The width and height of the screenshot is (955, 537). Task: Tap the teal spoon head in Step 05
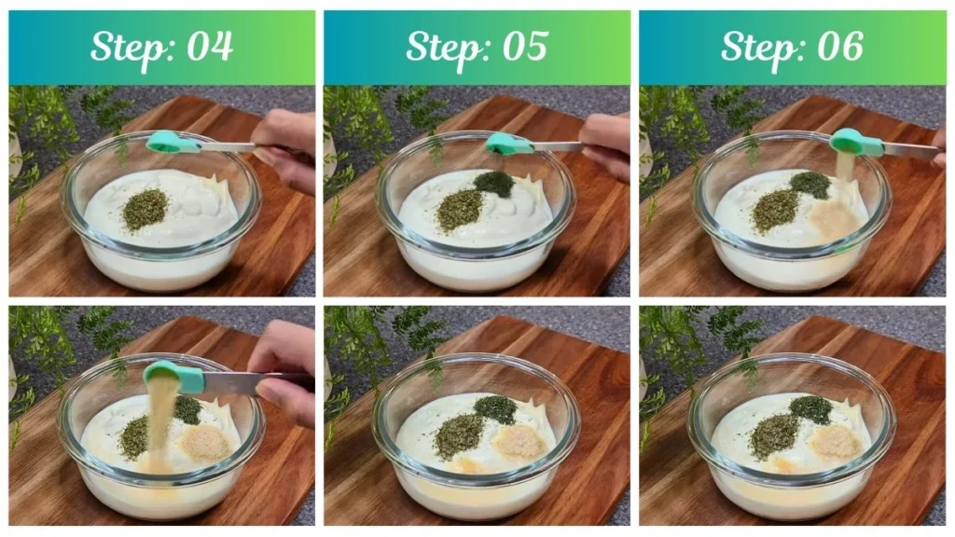click(504, 143)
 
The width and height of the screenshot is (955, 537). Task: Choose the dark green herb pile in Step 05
click(494, 184)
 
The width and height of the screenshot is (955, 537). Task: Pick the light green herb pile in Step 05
click(460, 210)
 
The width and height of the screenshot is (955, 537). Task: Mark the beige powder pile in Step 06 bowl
click(832, 220)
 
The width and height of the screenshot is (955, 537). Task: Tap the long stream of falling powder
click(161, 415)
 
